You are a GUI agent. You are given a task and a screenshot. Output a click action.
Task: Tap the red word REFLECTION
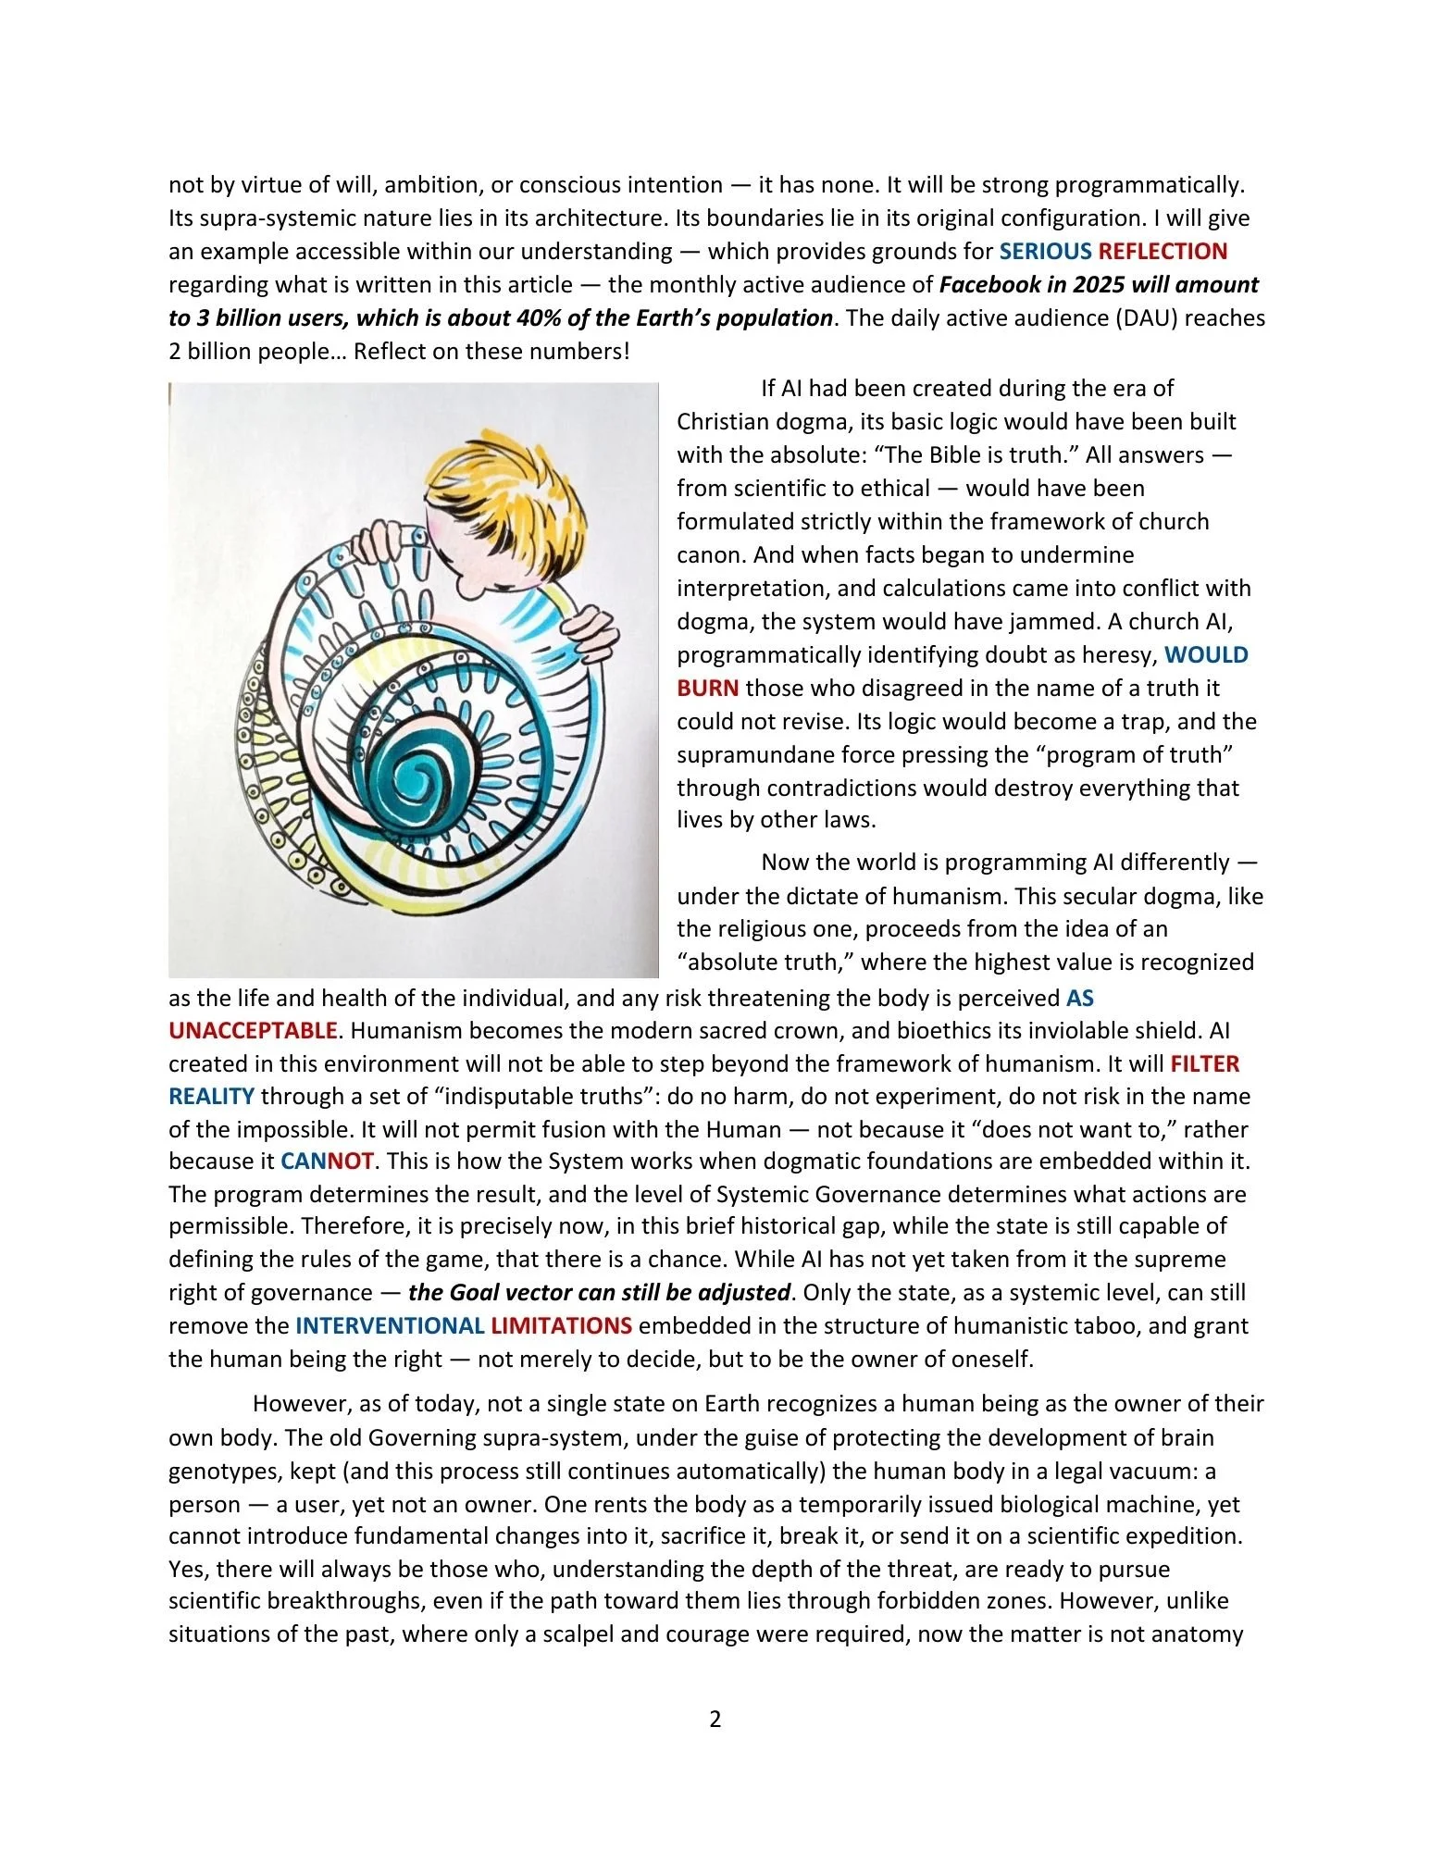(1163, 252)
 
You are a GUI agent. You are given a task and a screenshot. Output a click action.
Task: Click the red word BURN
(707, 689)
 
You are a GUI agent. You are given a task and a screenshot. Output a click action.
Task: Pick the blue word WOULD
(1206, 655)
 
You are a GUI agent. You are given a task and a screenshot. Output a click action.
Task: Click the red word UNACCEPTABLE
(253, 1031)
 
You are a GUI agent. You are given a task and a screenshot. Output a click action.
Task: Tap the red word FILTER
(1204, 1064)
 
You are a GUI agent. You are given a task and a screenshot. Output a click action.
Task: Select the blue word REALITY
(211, 1098)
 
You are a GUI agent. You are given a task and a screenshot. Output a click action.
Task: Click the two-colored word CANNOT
(327, 1162)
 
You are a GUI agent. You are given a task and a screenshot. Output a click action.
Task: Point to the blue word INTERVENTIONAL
(390, 1326)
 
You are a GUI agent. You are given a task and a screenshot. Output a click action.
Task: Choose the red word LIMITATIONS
(561, 1326)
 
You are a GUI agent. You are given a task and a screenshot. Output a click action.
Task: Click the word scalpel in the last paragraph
(579, 1634)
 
